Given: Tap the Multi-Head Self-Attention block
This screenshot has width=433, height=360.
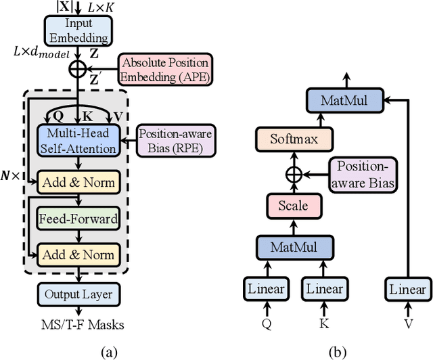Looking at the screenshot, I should (x=78, y=140).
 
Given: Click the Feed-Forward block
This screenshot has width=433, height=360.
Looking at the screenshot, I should (x=78, y=219).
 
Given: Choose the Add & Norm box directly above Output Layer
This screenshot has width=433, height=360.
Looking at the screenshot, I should (x=78, y=254).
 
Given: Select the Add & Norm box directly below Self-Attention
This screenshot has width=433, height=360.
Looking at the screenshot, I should (x=78, y=182).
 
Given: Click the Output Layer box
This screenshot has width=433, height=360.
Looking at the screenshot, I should (x=78, y=294).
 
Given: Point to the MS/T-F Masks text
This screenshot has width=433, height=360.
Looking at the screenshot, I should (x=78, y=324).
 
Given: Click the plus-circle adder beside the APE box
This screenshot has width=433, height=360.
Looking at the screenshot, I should (x=78, y=68).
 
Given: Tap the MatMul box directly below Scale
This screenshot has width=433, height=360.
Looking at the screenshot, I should (x=288, y=248).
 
